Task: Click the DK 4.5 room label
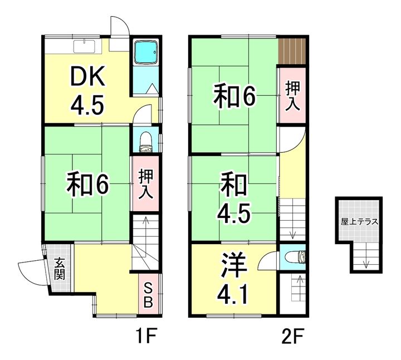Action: [x=87, y=90]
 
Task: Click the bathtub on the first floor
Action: [x=146, y=52]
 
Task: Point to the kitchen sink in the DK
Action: [x=84, y=47]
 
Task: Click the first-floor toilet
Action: [x=146, y=142]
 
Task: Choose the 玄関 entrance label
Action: [x=60, y=269]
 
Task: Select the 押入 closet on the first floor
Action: [x=145, y=184]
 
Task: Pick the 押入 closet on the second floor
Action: [x=292, y=96]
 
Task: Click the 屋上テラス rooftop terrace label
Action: [x=359, y=222]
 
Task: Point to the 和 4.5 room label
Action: [x=233, y=198]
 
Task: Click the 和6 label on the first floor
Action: [x=87, y=184]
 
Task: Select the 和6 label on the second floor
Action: [x=234, y=97]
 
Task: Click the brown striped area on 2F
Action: [x=292, y=51]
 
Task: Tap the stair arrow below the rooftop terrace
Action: [x=366, y=255]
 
